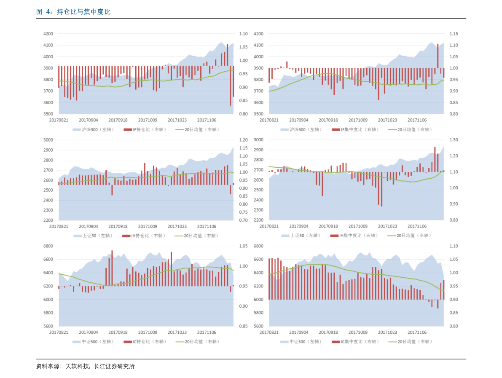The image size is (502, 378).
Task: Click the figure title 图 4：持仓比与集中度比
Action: coord(73,12)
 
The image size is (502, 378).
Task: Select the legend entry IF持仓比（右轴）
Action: coord(145,130)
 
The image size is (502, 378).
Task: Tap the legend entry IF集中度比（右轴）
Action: coord(355,130)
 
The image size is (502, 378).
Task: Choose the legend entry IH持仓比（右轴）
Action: coord(144,236)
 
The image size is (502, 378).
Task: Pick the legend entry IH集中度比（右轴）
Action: coord(354,236)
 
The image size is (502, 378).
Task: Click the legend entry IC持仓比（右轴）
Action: coord(145,342)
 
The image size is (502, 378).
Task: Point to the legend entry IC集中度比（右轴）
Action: coord(355,342)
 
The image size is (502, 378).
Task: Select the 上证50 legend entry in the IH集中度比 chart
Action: coord(301,236)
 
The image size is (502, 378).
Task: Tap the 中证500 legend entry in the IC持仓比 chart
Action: coord(93,342)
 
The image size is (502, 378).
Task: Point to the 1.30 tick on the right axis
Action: coord(454,140)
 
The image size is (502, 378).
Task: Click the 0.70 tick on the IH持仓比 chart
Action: coord(243,220)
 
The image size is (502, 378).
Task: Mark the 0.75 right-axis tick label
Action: coord(243,212)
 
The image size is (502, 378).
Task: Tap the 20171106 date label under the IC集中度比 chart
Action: coord(417,332)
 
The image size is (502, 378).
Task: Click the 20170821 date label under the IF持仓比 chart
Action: coord(59,121)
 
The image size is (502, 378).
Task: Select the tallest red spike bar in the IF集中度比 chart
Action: coord(438,56)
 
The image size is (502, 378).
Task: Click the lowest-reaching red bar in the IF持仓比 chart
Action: coord(231,86)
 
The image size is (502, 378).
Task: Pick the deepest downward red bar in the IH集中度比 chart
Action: coord(381,189)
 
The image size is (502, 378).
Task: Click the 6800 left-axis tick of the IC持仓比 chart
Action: coord(48,246)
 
